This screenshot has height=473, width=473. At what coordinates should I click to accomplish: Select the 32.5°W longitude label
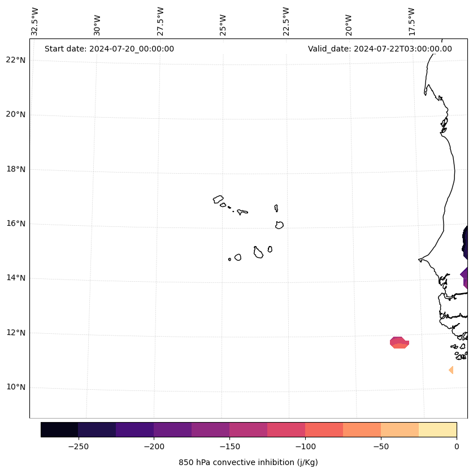35,21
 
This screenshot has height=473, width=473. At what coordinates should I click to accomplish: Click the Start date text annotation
109,49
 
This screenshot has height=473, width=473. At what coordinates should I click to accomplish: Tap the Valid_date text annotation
380,49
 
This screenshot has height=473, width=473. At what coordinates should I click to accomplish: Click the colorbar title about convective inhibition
248,462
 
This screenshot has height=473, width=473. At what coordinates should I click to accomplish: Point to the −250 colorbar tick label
78,446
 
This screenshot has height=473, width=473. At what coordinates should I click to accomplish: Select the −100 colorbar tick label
305,446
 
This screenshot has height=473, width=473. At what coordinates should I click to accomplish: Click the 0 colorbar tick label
456,446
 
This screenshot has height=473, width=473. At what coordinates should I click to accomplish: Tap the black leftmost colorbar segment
59,429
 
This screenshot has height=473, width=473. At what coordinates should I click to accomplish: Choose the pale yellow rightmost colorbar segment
437,429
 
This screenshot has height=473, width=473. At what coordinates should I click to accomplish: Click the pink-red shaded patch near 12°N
399,342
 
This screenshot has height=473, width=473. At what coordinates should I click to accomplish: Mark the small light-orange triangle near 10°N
451,370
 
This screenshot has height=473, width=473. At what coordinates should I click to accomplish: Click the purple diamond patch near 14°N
465,277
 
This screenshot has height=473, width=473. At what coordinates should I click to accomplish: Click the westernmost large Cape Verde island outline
218,199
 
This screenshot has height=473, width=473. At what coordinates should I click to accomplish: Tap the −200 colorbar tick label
154,446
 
